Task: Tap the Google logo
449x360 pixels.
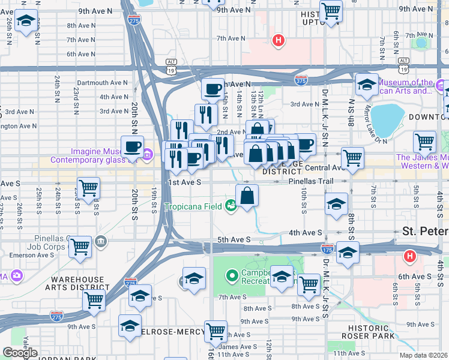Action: pyautogui.click(x=20, y=353)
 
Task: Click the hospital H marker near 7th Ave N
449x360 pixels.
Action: pyautogui.click(x=278, y=41)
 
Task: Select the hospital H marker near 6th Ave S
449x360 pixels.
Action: pyautogui.click(x=409, y=256)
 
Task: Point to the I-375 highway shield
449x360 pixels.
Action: pyautogui.click(x=301, y=79)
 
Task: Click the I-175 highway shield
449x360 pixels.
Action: pyautogui.click(x=327, y=248)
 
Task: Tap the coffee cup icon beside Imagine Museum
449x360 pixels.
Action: pyautogui.click(x=132, y=146)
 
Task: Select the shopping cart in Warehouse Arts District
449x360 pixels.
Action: pyautogui.click(x=94, y=299)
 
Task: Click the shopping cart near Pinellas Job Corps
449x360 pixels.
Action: pyautogui.click(x=80, y=246)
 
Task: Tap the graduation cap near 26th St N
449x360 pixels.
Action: pyautogui.click(x=26, y=23)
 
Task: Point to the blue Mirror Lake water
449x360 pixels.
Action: pyautogui.click(x=388, y=118)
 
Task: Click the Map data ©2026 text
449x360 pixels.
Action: pyautogui.click(x=423, y=355)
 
